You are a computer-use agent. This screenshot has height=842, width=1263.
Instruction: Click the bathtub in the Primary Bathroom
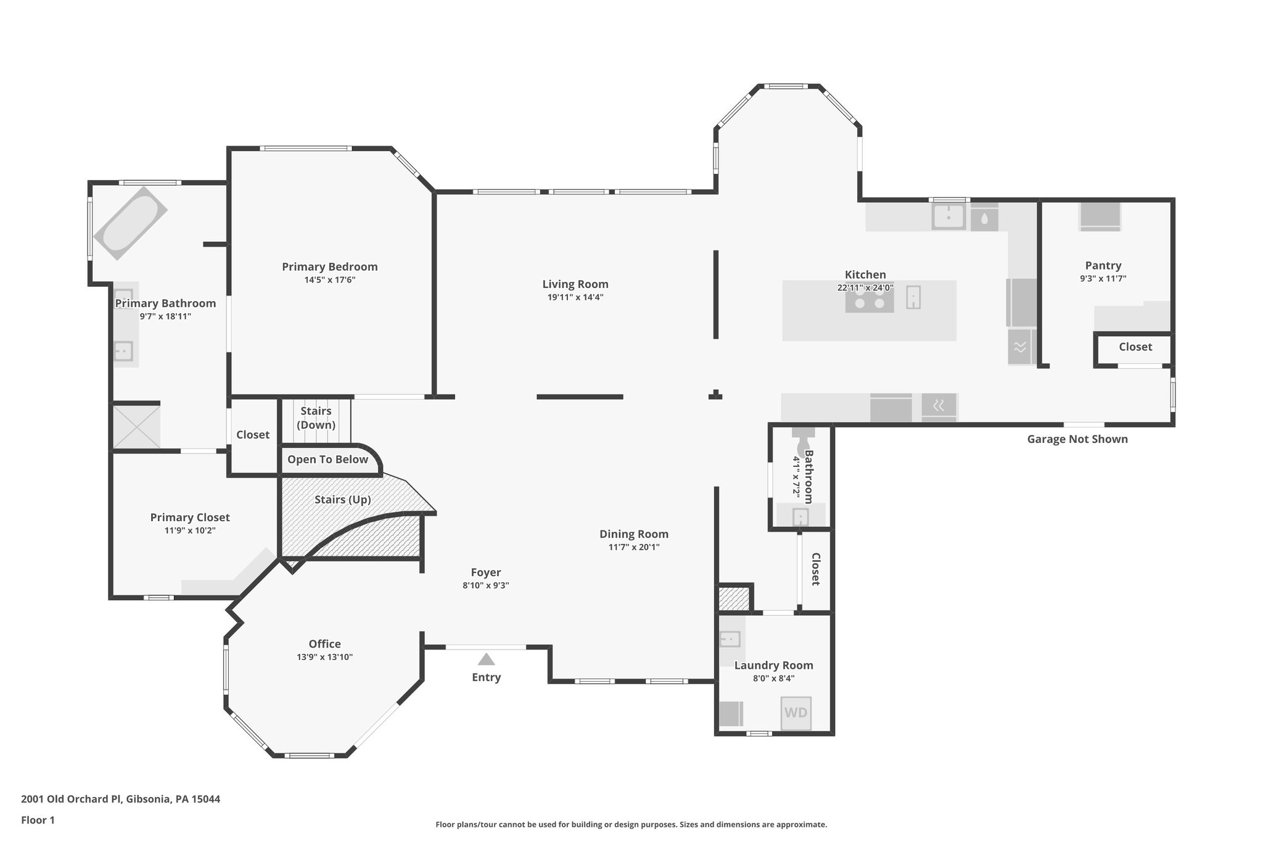pos(130,223)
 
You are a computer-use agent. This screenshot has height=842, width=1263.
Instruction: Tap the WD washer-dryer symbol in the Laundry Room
pos(796,713)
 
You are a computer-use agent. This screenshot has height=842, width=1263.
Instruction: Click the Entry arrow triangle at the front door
pos(487,659)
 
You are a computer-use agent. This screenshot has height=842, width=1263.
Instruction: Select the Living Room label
pos(575,284)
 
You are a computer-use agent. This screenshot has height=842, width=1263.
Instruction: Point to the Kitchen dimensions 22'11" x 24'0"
pos(865,288)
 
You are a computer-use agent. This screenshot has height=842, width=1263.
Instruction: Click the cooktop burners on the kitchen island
pos(869,302)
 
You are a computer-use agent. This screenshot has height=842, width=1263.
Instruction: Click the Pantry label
pos(1103,266)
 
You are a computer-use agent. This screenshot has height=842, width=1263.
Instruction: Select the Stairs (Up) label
pos(342,500)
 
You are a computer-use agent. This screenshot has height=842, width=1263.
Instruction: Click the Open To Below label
pos(327,460)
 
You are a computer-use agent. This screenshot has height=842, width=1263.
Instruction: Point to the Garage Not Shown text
pos(1077,439)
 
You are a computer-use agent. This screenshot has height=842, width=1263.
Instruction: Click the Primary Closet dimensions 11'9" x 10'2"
pos(190,530)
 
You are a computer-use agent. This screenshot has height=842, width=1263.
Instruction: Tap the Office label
pos(324,644)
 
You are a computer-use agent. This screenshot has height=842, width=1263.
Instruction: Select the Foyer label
pos(485,572)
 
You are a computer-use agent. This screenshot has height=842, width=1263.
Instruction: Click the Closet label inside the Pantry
pos(1135,347)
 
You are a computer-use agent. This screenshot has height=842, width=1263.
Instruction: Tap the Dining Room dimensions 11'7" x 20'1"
pos(633,547)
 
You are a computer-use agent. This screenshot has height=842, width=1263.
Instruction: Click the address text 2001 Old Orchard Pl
pos(120,799)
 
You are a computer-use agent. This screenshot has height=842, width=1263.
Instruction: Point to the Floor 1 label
pos(38,820)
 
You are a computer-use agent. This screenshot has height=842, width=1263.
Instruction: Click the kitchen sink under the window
pos(948,217)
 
